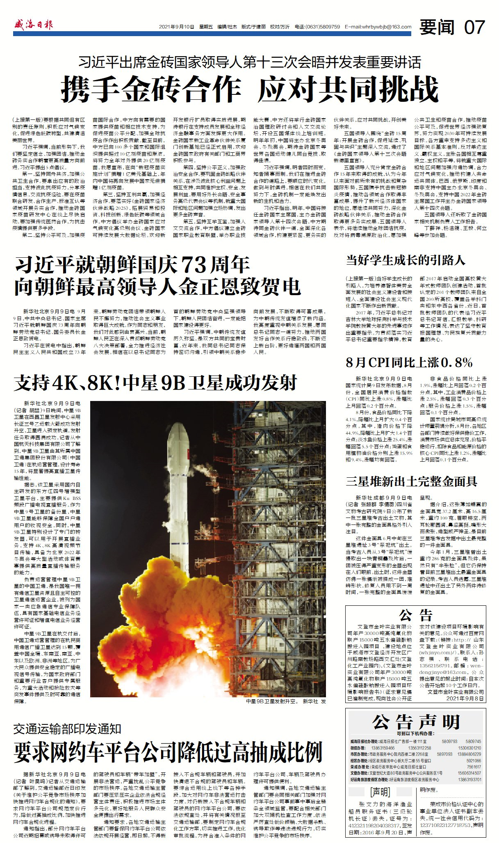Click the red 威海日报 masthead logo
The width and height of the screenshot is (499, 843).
pyautogui.click(x=34, y=25)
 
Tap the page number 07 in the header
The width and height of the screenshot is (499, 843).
pyautogui.click(x=474, y=27)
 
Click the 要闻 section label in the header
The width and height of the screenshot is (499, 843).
pyautogui.click(x=437, y=27)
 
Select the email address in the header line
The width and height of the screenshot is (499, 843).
pyautogui.click(x=378, y=27)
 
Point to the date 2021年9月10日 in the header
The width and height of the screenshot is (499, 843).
pyautogui.click(x=176, y=27)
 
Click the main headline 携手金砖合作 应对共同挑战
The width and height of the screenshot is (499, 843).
pyautogui.click(x=249, y=89)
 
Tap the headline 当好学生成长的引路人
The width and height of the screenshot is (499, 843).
pyautogui.click(x=406, y=260)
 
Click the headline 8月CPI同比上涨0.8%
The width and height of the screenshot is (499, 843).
pyautogui.click(x=409, y=362)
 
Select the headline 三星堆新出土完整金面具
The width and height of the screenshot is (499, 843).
pyautogui.click(x=411, y=481)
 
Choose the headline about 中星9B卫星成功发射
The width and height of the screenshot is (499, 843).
pyautogui.click(x=156, y=383)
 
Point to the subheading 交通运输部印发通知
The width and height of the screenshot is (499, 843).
pyautogui.click(x=68, y=729)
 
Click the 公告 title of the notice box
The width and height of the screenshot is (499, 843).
pyautogui.click(x=416, y=615)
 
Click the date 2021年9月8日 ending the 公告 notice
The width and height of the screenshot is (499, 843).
pyautogui.click(x=465, y=699)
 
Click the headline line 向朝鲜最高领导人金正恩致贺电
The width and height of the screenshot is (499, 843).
pyautogui.click(x=158, y=286)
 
